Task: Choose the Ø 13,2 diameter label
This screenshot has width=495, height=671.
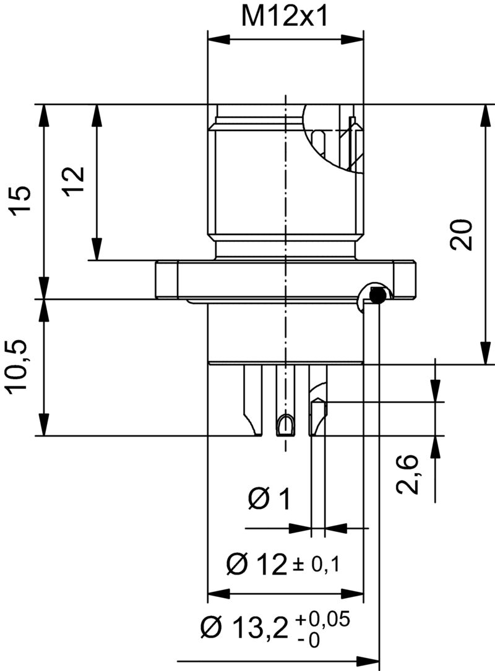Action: (x=245, y=629)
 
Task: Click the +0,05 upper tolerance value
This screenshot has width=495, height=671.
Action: (x=323, y=619)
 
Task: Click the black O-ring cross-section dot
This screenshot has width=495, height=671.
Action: (x=376, y=296)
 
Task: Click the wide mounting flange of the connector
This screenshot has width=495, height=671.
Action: (x=285, y=280)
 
